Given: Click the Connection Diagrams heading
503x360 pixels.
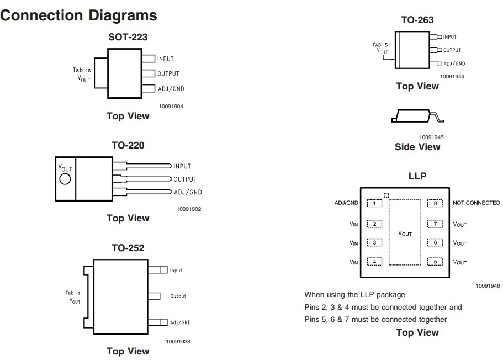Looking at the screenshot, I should click(x=79, y=15).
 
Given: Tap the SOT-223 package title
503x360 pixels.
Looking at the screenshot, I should click(x=128, y=38).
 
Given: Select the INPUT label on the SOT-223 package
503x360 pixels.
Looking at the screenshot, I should click(x=166, y=59).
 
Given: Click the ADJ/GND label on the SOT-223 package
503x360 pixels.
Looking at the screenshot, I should click(x=171, y=89).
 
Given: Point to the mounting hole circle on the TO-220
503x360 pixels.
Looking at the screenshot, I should click(x=65, y=179).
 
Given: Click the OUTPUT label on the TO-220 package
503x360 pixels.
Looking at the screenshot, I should click(x=185, y=179).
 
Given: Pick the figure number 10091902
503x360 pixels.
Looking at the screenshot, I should click(x=189, y=209).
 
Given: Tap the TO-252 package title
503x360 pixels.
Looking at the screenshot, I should click(x=128, y=248).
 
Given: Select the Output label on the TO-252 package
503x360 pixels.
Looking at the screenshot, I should click(x=178, y=296).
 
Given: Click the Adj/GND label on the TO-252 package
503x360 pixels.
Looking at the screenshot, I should click(x=181, y=322).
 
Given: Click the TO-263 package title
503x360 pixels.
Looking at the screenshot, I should click(x=417, y=20).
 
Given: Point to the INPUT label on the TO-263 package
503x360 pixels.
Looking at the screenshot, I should click(x=450, y=37).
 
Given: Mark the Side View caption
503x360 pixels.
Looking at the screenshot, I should click(x=417, y=147).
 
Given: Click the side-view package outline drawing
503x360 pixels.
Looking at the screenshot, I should click(x=417, y=115).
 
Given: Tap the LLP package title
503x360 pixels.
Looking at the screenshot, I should click(x=417, y=177).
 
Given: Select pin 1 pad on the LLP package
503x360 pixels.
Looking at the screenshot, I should click(x=375, y=203).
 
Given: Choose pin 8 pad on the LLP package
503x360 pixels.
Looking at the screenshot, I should click(x=435, y=203).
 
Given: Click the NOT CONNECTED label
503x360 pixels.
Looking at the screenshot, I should click(x=476, y=203).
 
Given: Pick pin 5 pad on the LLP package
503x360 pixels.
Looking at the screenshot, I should click(x=435, y=262).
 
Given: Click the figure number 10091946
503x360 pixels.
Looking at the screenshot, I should click(x=487, y=286).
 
